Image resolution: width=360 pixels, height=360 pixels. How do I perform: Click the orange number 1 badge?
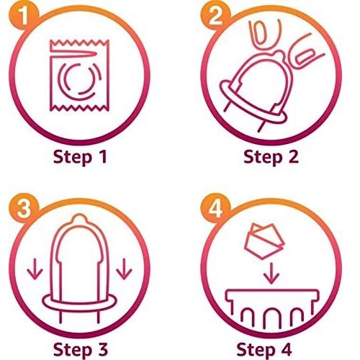click(24, 17)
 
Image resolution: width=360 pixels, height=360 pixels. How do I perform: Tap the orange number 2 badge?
click(215, 17)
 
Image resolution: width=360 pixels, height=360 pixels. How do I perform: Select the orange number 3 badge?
click(24, 208)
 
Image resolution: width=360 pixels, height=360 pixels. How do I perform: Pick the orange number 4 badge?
click(215, 208)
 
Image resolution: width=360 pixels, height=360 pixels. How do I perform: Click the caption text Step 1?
click(80, 157)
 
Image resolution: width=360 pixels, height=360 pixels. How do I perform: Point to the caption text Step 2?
click(271, 157)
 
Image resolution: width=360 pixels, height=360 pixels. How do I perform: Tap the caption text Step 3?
click(81, 349)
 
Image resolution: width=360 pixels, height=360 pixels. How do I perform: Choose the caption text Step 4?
click(264, 349)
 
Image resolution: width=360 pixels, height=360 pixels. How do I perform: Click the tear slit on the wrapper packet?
click(74, 54)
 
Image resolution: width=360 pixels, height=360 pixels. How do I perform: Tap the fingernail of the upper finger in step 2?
click(261, 33)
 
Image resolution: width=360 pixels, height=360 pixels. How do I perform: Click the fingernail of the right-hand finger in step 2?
click(303, 57)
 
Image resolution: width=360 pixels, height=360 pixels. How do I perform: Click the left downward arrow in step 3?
click(35, 269)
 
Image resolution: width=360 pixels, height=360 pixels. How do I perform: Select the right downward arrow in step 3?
click(124, 269)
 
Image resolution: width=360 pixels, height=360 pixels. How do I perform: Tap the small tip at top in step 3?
click(79, 217)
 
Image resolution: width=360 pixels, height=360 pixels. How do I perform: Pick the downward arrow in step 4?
click(271, 274)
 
